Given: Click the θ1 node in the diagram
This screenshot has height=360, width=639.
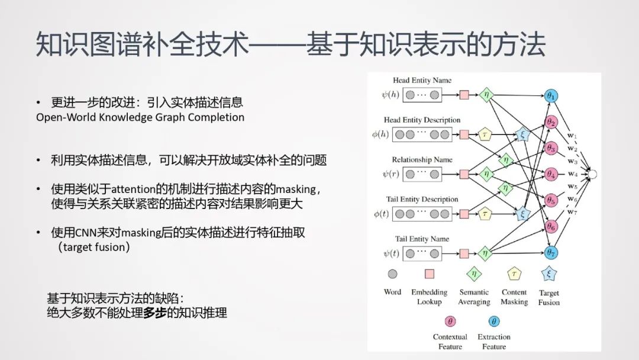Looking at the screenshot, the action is tap(552, 97).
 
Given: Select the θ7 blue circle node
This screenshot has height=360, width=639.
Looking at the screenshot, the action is tap(552, 253).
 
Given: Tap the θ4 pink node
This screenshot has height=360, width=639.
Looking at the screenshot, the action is tap(552, 175).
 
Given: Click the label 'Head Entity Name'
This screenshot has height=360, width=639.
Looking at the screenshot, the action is tap(422, 81).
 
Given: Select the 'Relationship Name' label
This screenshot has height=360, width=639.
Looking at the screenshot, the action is tap(422, 160).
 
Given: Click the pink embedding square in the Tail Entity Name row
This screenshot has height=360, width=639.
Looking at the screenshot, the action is tap(464, 253).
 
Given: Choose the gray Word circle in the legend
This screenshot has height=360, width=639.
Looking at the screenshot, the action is tap(392, 274).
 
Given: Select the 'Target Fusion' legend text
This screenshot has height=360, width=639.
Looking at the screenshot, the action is tap(549, 297).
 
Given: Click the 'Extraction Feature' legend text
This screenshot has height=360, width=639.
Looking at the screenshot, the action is tap(494, 342).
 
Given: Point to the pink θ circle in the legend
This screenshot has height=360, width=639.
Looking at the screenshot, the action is tap(450, 322).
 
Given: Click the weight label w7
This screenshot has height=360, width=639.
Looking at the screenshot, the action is tap(572, 211).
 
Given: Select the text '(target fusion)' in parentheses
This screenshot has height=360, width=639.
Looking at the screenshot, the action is tap(93, 247).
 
